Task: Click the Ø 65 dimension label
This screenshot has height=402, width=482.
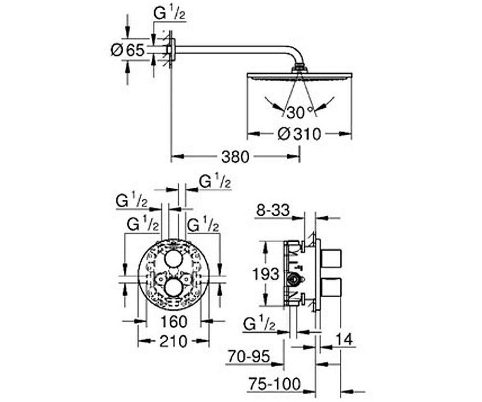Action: point(128,50)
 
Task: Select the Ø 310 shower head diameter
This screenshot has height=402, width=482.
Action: point(299,134)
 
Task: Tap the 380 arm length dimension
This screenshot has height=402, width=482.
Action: point(235,157)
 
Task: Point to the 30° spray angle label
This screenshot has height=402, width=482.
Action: point(299,112)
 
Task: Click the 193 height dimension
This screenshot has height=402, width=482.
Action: point(266,274)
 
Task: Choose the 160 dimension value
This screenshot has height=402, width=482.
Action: point(174,322)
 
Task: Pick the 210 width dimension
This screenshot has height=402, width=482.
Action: point(174,341)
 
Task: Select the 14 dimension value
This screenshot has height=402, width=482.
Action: point(344,340)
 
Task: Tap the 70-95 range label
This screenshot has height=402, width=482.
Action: point(249,357)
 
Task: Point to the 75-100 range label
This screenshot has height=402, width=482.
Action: point(274,384)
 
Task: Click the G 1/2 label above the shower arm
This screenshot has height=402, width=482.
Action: point(169,14)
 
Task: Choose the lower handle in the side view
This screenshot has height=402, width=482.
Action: point(332,288)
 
